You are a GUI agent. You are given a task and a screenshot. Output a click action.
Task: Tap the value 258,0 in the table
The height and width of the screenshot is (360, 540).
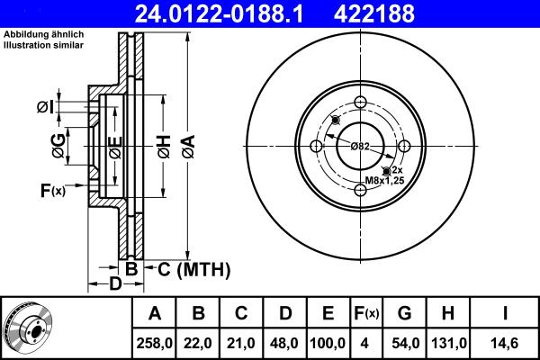155,341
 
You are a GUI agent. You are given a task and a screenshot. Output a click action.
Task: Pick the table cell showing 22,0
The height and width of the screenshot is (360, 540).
199,341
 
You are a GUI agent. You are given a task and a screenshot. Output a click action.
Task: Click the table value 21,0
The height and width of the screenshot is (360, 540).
242,341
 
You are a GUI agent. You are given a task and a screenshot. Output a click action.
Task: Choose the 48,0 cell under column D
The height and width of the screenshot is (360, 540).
285,341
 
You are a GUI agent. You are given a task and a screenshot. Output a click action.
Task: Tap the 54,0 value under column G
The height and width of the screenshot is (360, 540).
406,341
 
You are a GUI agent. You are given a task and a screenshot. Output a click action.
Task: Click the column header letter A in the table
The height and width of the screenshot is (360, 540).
155,313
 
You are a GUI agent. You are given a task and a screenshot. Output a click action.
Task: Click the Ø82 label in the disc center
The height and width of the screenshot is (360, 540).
359,146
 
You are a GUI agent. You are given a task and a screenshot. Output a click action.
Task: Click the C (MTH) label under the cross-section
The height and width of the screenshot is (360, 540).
193,269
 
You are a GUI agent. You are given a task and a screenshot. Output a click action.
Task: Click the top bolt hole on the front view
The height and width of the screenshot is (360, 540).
360,103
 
